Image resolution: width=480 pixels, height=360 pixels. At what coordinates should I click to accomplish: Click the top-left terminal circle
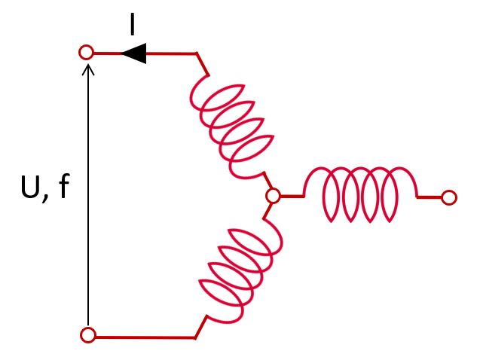click(87, 53)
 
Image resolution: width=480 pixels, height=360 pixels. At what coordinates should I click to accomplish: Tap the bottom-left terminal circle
click(88, 336)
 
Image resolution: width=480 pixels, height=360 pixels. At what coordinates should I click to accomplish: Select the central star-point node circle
click(274, 197)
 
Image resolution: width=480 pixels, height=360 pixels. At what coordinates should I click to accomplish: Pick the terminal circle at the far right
click(449, 198)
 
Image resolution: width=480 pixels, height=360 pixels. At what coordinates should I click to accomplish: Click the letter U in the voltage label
click(31, 188)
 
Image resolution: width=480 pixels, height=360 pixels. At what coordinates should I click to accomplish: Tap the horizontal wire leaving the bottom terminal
click(143, 336)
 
